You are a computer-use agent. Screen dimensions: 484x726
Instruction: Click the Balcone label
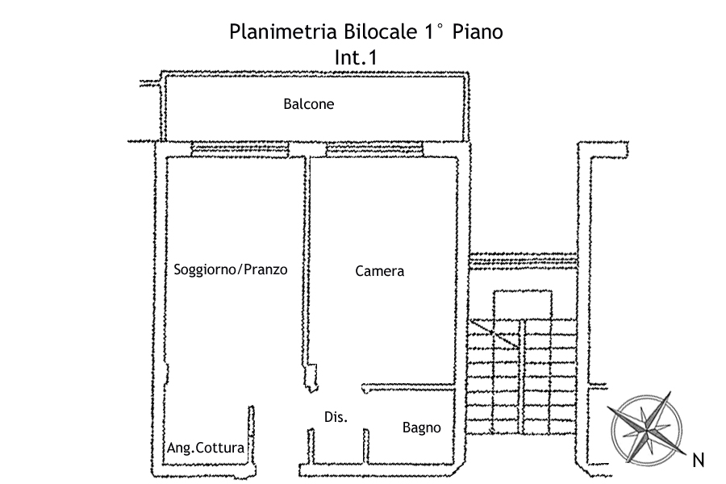pos(308,104)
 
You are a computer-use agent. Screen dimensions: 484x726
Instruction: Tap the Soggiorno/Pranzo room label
pos(231,269)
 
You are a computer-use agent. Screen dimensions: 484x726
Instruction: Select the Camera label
pos(379,271)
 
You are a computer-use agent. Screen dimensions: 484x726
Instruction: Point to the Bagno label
pos(421,428)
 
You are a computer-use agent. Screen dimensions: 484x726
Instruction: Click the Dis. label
pos(336,417)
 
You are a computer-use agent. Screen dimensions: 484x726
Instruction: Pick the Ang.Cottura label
pos(205,447)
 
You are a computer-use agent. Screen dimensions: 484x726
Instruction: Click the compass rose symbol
pos(645,423)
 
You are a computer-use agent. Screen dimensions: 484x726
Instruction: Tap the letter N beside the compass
pos(699,461)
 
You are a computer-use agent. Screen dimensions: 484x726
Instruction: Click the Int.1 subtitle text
pos(356,57)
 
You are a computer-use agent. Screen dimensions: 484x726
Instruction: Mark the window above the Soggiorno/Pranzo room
pos(240,148)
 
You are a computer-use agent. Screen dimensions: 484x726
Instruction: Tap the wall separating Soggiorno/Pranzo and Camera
pos(307,258)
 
